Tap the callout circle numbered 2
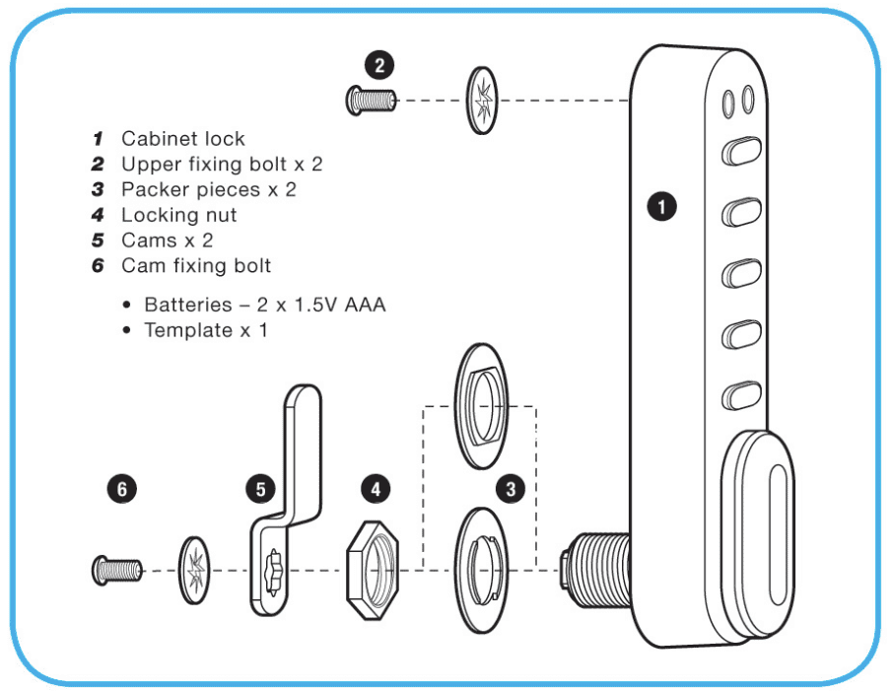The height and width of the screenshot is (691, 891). [x=378, y=66]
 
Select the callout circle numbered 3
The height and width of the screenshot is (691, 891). [x=510, y=487]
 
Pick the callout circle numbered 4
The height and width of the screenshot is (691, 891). [x=375, y=487]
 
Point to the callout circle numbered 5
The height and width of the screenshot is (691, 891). [x=259, y=487]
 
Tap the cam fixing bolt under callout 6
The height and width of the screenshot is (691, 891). [x=116, y=569]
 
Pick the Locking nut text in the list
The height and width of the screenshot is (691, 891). [x=178, y=215]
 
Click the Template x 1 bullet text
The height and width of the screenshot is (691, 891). [x=205, y=330]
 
